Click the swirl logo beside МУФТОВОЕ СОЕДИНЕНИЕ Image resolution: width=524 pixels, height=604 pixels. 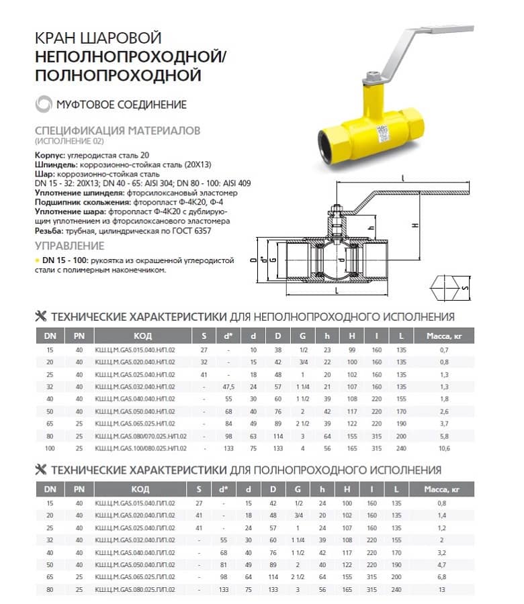44,104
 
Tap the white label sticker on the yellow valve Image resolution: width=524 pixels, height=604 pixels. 383,134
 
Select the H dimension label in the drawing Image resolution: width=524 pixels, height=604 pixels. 415,225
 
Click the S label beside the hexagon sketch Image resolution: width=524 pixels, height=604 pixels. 465,287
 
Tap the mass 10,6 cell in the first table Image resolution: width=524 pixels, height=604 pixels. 444,448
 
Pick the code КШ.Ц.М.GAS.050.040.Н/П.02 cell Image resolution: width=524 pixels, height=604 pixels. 135,411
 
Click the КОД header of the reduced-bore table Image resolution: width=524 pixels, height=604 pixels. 142,336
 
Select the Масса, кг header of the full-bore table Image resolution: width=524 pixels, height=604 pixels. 441,489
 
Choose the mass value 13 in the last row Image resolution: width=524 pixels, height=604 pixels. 442,589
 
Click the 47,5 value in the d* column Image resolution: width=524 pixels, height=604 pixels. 228,387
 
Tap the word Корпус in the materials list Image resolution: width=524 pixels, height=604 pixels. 50,155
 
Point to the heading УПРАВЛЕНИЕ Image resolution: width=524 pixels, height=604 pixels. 70,246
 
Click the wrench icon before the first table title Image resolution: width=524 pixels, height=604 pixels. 40,316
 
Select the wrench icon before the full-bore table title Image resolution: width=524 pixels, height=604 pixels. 40,470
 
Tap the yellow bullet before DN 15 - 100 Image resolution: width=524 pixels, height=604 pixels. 37,261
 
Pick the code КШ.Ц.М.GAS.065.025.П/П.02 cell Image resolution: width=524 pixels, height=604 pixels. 135,577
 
